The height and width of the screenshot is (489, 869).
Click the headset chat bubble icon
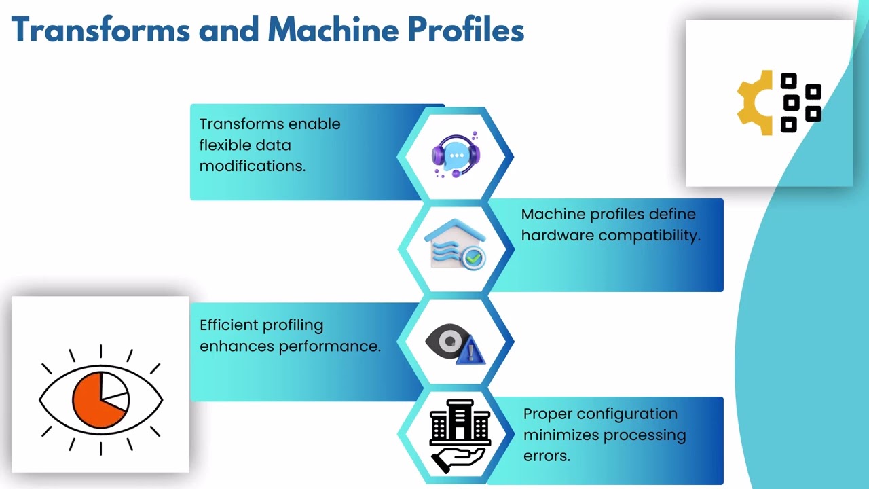[456, 154]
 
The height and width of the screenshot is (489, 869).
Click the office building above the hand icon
[460, 422]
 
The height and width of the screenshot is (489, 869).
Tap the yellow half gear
[754, 103]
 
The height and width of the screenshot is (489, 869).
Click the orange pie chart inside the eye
[97, 400]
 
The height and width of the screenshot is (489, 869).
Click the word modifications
[253, 166]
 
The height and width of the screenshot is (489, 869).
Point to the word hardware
[557, 236]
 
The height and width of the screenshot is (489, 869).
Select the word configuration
[627, 414]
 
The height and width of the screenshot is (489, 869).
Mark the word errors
[547, 456]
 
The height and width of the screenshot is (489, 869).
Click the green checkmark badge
[473, 257]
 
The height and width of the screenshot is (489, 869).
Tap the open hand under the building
[458, 460]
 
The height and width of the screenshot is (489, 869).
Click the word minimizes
[560, 435]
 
